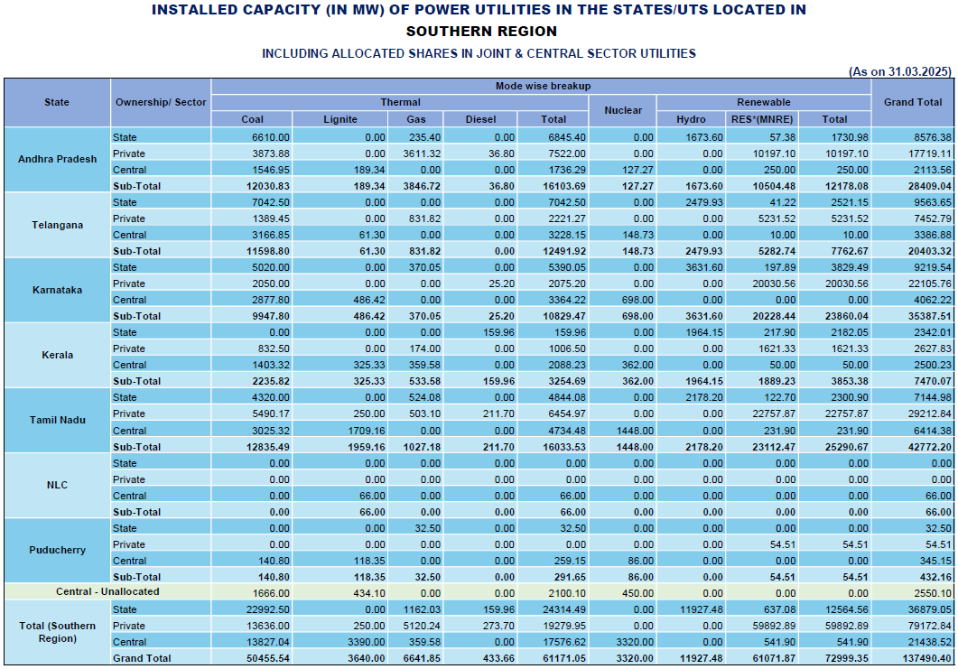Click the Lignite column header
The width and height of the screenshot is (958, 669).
340,119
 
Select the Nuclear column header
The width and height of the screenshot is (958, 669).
623,110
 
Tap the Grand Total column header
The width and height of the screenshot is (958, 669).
913,102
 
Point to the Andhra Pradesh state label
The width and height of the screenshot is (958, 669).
57,159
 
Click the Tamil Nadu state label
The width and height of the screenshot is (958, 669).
57,421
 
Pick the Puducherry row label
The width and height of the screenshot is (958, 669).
57,551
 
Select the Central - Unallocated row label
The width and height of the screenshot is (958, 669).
107,592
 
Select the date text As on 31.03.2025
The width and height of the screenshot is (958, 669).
901,71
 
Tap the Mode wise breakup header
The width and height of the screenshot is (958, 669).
542,86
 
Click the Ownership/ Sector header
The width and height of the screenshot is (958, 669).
161,102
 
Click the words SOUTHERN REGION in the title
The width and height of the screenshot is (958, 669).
479,32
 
